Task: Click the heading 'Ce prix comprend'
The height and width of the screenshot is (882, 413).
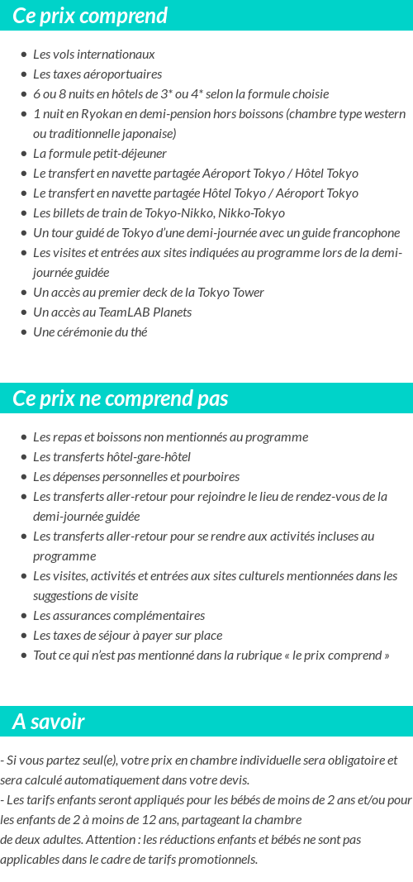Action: [x=90, y=16]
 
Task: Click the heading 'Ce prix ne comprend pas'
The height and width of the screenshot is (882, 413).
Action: [x=120, y=398]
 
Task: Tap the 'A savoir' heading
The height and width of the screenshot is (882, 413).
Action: [x=48, y=722]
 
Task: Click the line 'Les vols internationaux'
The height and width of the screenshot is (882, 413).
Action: [x=93, y=55]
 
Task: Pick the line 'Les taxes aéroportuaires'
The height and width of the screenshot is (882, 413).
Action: [x=97, y=74]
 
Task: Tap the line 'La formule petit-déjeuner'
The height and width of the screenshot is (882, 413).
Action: [x=99, y=154]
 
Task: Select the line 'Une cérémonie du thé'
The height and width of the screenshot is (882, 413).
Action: [x=90, y=332]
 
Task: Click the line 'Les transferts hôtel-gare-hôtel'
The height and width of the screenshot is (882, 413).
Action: [x=112, y=457]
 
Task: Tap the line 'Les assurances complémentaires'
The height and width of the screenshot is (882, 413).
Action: [x=118, y=616]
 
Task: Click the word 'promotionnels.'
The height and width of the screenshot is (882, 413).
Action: [x=218, y=860]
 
